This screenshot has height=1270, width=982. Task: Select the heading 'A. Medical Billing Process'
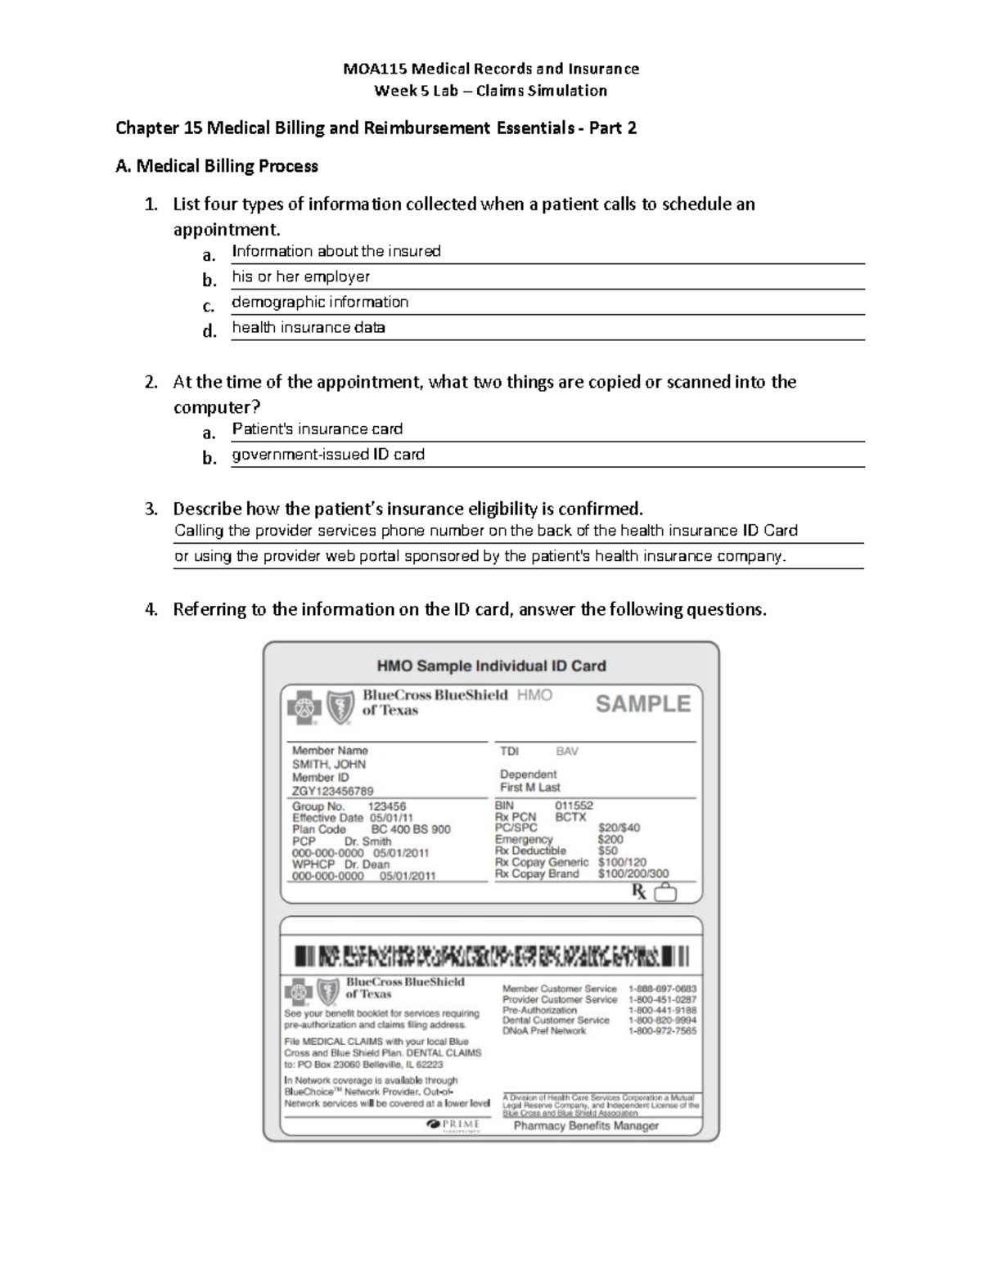pos(217,166)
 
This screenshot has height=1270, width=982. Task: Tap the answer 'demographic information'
pos(320,302)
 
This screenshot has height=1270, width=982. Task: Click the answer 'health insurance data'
pos(309,327)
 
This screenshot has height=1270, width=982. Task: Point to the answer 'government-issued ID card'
pos(328,454)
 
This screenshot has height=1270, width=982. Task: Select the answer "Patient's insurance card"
pos(317,429)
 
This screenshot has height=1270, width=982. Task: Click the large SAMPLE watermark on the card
pos(643,703)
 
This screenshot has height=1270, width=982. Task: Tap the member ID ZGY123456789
pos(333,791)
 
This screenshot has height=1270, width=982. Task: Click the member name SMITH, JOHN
pos(329,764)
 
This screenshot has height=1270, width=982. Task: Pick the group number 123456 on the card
pos(387,806)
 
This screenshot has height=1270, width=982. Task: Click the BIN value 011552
pos(574,805)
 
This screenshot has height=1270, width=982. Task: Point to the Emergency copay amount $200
pos(610,839)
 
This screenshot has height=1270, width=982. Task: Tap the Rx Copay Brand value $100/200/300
pos(633,873)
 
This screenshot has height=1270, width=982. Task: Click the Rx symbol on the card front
pos(638,892)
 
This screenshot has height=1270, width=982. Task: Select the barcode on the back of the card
pos(492,955)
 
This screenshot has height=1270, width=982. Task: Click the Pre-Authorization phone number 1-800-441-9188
pos(662,1010)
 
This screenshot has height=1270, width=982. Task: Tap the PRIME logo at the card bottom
pos(453,1124)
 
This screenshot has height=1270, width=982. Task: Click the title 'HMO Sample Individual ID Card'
pos(491,666)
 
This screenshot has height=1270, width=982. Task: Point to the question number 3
pos(151,509)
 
